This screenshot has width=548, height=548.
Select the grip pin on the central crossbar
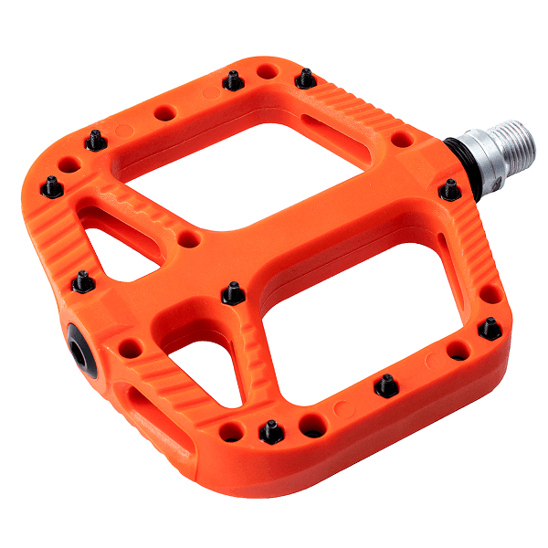click(x=233, y=293)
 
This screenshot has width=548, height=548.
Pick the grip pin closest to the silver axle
click(x=449, y=190)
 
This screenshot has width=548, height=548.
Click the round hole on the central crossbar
click(x=189, y=239)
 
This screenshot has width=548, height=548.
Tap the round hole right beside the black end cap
click(x=131, y=348)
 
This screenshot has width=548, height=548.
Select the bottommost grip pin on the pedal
click(x=269, y=429)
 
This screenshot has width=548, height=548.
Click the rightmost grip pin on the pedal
click(x=491, y=328)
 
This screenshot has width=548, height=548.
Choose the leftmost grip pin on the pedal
click(x=52, y=187)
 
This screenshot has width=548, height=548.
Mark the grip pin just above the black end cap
click(x=83, y=282)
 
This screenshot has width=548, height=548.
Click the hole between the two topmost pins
click(x=267, y=70)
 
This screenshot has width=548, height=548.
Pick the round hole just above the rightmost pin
click(x=490, y=295)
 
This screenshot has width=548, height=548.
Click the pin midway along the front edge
click(x=385, y=384)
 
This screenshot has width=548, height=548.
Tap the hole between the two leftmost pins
click(x=68, y=165)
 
